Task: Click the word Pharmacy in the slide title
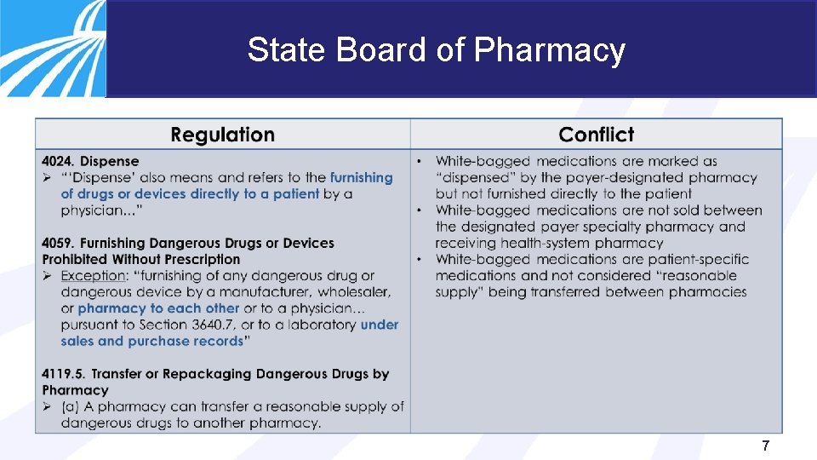[549, 50]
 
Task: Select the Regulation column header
[222, 135]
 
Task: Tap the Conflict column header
[596, 135]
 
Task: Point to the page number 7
[766, 446]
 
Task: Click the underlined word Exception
[93, 276]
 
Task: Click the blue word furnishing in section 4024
[361, 177]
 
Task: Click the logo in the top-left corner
[51, 47]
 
